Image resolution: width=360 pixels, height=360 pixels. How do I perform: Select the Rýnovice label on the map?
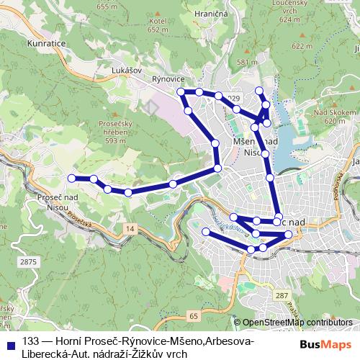pyautogui.click(x=170, y=78)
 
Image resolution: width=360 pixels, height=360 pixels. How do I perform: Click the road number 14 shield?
pyautogui.click(x=128, y=228)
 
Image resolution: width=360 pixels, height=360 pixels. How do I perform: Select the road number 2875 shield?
pyautogui.click(x=28, y=262)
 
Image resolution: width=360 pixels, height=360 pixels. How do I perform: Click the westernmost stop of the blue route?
pyautogui.click(x=71, y=177)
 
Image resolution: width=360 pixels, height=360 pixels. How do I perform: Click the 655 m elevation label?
pyautogui.click(x=106, y=6)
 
